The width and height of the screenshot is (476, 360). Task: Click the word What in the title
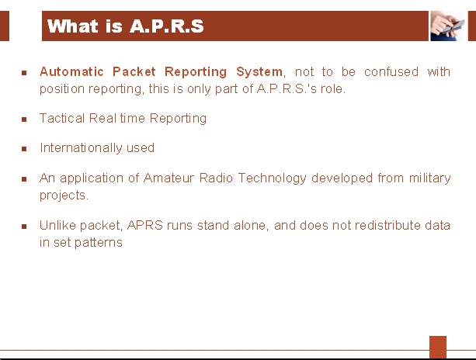pos(73,26)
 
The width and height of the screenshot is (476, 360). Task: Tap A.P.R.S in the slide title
pos(167,26)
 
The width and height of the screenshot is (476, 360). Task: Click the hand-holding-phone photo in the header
pos(448,26)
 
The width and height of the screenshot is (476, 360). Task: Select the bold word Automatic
pos(71,72)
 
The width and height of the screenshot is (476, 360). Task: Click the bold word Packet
pos(134,72)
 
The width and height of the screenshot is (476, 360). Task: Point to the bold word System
pos(259,72)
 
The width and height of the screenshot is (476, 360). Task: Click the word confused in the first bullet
pos(391,72)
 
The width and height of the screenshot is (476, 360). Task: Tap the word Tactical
pos(62,118)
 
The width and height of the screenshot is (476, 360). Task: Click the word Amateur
pos(169,178)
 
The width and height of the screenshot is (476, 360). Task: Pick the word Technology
pos(272,178)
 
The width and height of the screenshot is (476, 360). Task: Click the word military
pos(429,178)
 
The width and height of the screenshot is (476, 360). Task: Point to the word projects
pos(64,196)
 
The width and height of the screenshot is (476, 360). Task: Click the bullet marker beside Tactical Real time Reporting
pos(24,119)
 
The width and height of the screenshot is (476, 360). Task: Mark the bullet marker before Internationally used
pos(24,149)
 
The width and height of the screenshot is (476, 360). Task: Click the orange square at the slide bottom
pos(438,347)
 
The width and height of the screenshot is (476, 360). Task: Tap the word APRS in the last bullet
pos(144,225)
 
